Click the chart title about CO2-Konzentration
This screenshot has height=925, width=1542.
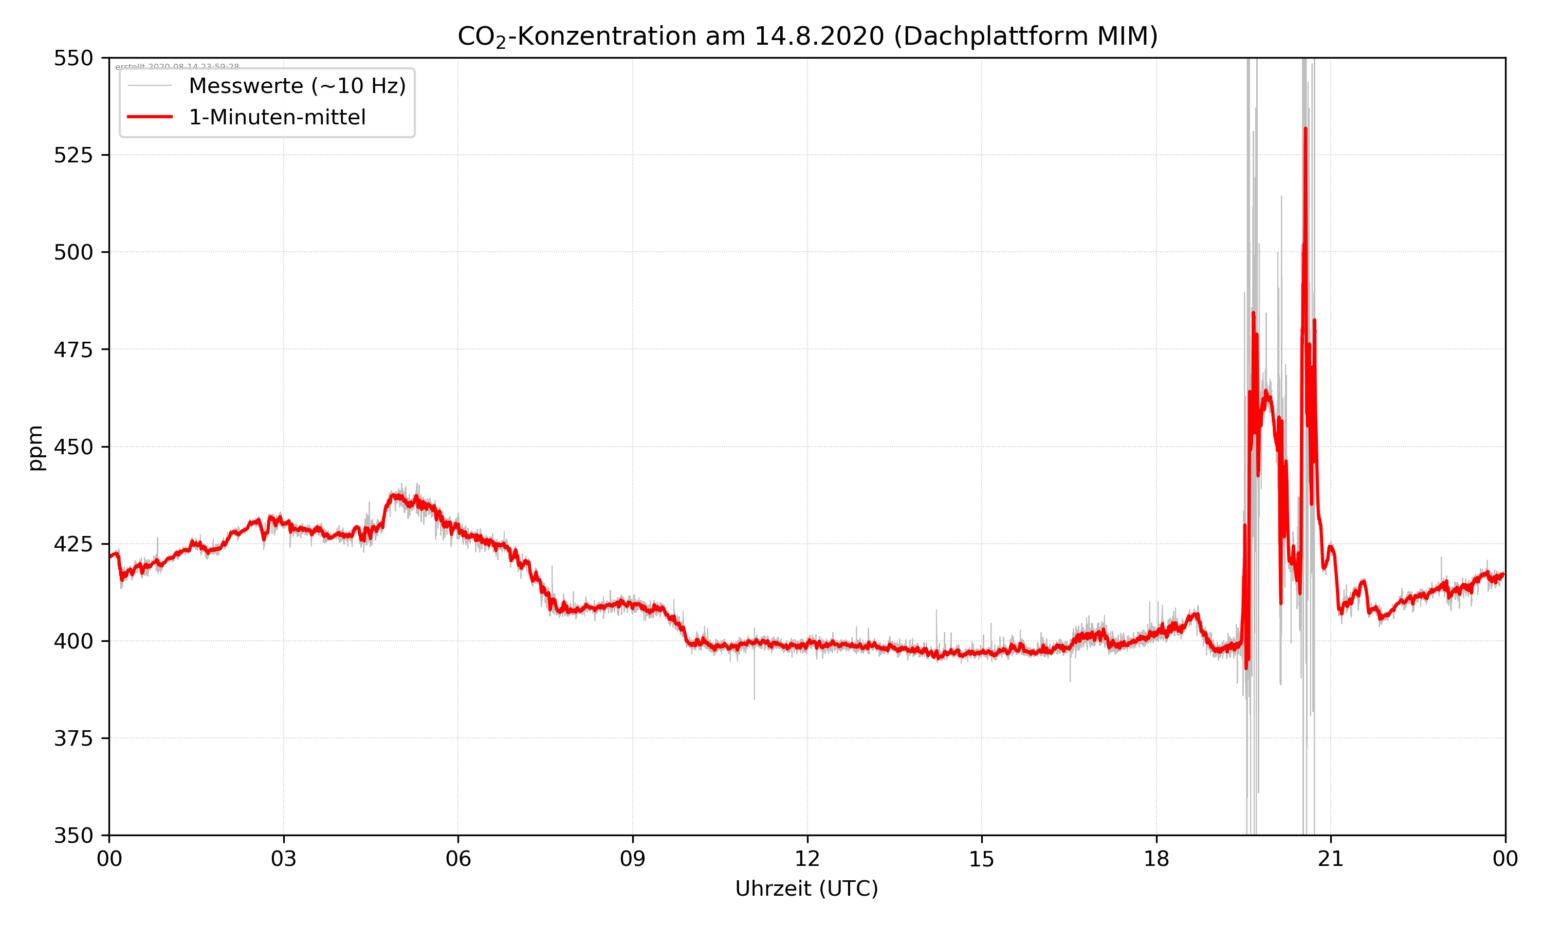tap(807, 36)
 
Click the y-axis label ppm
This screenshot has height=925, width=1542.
tap(36, 447)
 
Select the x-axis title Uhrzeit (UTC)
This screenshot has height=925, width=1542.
tap(806, 888)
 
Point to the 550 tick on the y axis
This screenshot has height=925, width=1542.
tap(73, 58)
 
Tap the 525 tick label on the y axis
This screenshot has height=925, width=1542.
tap(73, 155)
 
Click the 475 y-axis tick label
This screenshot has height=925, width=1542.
tap(73, 349)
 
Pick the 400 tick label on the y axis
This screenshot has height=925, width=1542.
tap(73, 641)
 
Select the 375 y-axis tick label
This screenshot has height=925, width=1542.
tap(73, 738)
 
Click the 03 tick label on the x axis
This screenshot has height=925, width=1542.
tap(284, 859)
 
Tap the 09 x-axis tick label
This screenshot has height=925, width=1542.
tap(633, 859)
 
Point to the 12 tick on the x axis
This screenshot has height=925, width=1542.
tap(807, 859)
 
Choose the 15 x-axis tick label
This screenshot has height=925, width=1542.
tap(982, 859)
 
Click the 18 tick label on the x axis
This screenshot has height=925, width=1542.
tap(1156, 859)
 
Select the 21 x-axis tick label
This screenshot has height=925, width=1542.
tap(1331, 859)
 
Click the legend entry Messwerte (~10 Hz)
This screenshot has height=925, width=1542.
tap(297, 86)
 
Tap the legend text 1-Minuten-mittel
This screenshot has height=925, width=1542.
tap(278, 117)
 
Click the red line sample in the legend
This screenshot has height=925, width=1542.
tap(150, 117)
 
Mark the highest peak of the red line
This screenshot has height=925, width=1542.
tap(1305, 129)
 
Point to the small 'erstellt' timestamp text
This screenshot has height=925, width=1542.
tap(177, 67)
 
